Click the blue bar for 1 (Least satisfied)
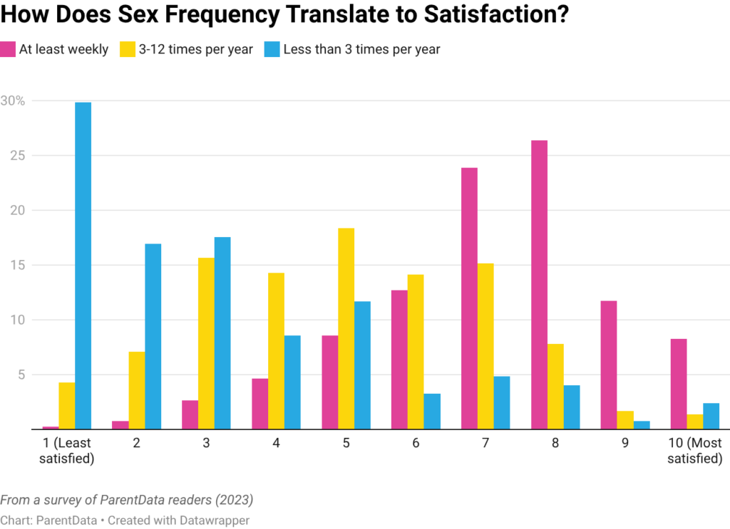pyautogui.click(x=83, y=265)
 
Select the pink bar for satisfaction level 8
pyautogui.click(x=540, y=285)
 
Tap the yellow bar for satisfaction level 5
pyautogui.click(x=346, y=328)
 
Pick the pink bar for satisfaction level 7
pyautogui.click(x=469, y=298)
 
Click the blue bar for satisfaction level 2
pyautogui.click(x=153, y=336)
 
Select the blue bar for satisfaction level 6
pyautogui.click(x=433, y=411)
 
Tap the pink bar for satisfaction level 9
pyautogui.click(x=608, y=365)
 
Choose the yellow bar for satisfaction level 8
pyautogui.click(x=555, y=386)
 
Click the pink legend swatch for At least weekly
pyautogui.click(x=9, y=50)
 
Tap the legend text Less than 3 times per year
pyautogui.click(x=361, y=50)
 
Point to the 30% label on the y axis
pyautogui.click(x=14, y=101)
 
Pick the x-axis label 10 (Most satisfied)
pyautogui.click(x=694, y=451)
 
